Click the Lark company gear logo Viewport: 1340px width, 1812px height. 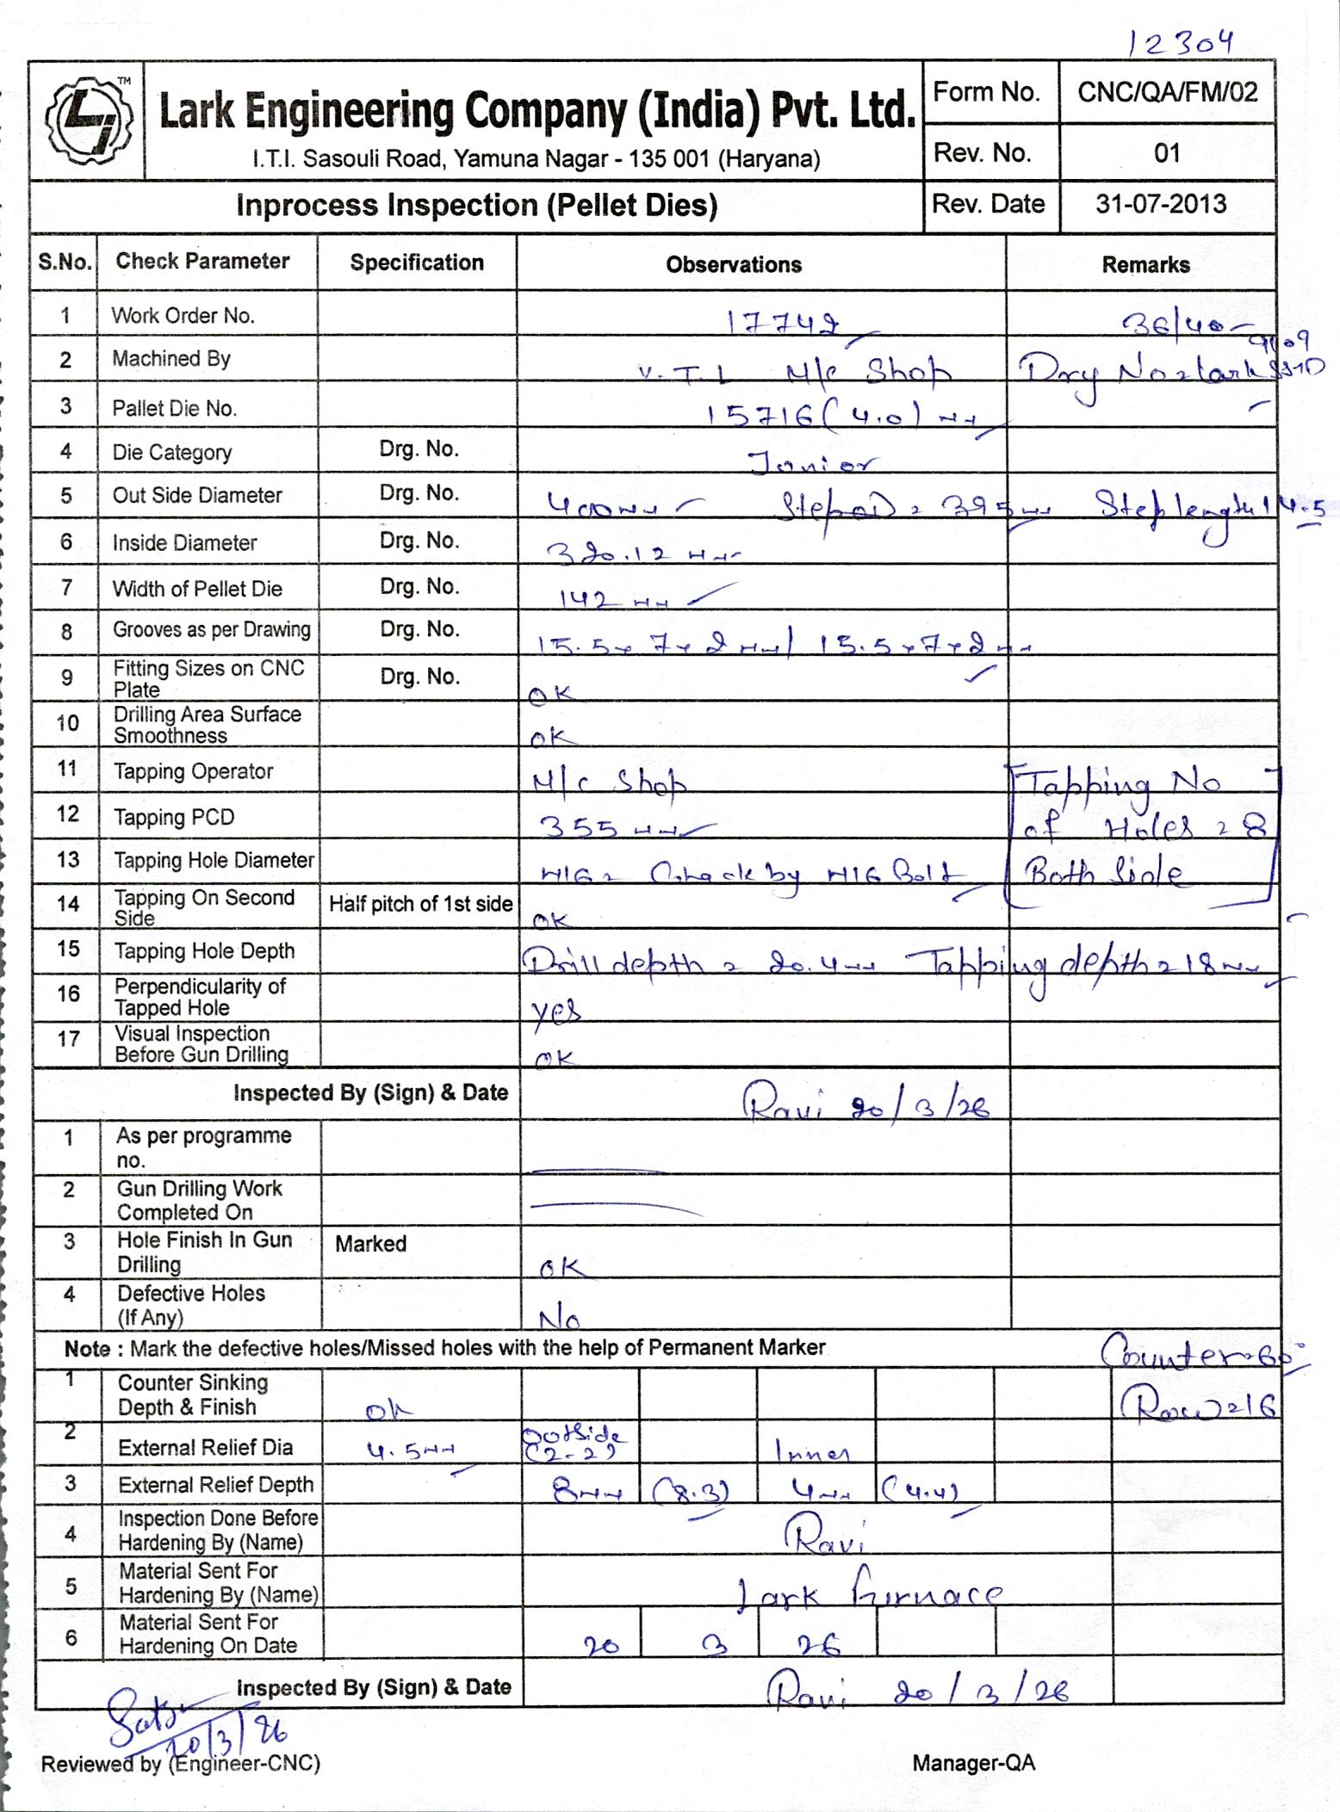(89, 121)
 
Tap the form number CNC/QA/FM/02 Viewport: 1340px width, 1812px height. (1167, 92)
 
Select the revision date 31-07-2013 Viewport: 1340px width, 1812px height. (1161, 204)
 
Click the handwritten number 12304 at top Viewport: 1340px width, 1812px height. (1181, 43)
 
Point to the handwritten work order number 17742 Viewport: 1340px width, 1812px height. (784, 323)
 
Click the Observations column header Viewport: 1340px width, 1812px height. (734, 264)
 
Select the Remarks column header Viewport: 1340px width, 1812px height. (1145, 265)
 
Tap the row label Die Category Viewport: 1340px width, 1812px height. (171, 452)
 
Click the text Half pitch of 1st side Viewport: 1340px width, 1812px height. (420, 904)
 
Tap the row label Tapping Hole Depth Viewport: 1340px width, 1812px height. (204, 950)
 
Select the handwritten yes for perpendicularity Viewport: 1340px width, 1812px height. (556, 1009)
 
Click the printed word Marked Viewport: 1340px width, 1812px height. (370, 1243)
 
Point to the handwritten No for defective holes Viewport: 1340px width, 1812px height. (559, 1319)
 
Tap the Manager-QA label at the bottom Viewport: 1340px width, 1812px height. (973, 1763)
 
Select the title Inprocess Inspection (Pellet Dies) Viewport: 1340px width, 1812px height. (476, 206)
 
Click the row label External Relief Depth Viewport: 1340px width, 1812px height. (215, 1485)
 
